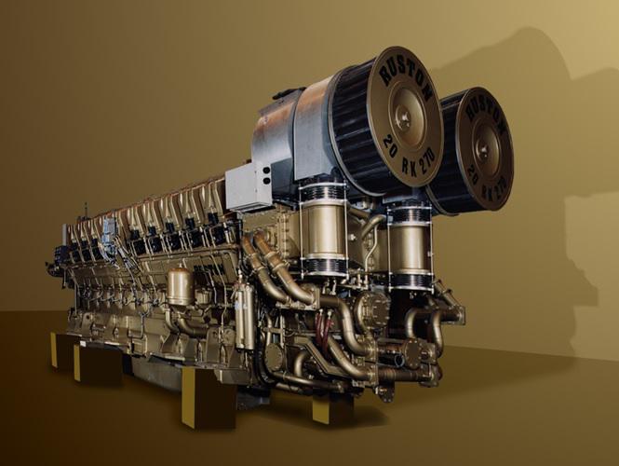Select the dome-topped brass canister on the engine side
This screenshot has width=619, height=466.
(x=180, y=286)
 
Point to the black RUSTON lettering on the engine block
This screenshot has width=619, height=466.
(x=210, y=268)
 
